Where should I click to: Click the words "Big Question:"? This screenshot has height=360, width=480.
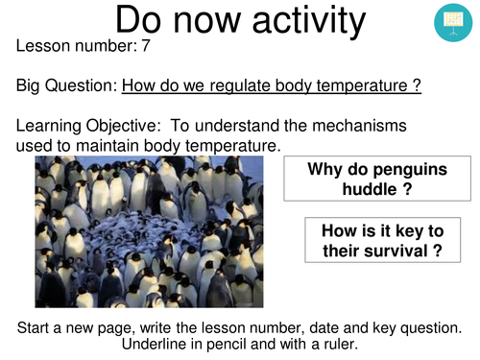(x=65, y=85)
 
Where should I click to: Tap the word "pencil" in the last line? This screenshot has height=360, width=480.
(x=230, y=343)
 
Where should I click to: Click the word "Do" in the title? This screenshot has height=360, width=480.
(x=145, y=21)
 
